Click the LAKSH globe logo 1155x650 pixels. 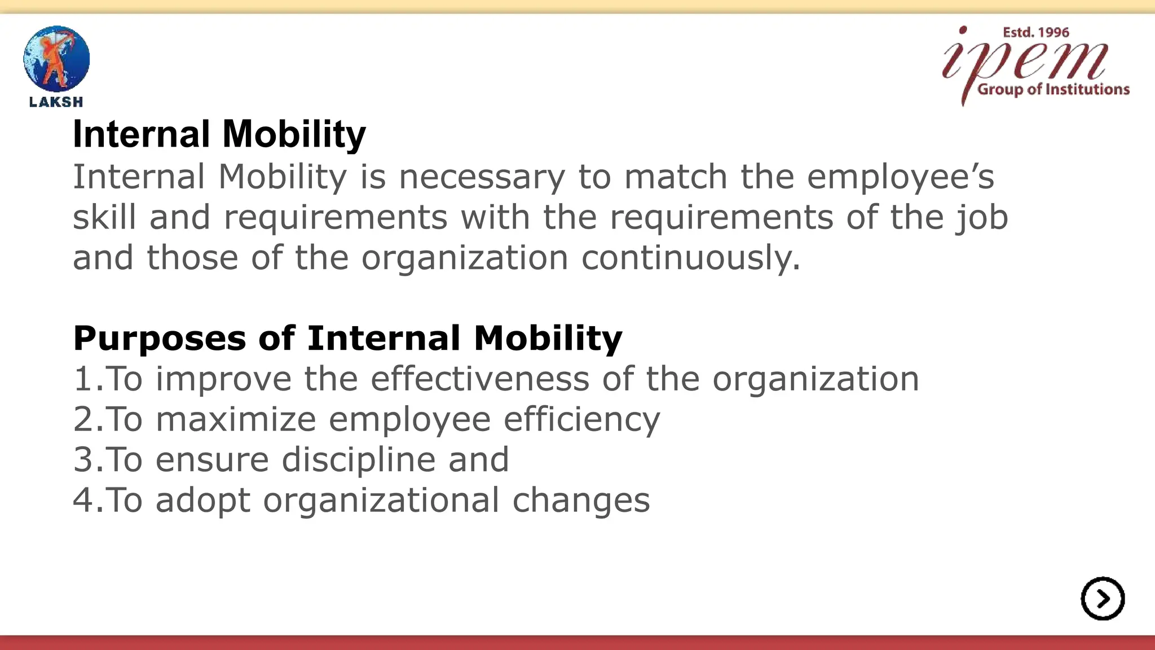tap(56, 59)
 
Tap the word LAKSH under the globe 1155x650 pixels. tap(56, 102)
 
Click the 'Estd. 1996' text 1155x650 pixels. tap(1035, 33)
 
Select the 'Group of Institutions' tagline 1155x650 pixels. tap(1053, 89)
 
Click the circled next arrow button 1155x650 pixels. tap(1103, 599)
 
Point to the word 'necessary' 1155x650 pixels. tap(482, 177)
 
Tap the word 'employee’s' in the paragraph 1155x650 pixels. tap(901, 177)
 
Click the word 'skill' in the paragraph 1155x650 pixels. tap(104, 217)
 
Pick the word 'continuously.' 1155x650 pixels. tap(691, 258)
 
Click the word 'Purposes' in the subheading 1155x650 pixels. tap(160, 339)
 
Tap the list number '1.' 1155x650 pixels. tap(88, 379)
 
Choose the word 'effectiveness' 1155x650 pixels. tap(479, 379)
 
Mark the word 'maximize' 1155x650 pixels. tap(236, 419)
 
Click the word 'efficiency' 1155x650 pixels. tap(581, 420)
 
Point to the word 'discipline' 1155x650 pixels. tap(358, 460)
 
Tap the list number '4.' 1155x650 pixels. tap(88, 500)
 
